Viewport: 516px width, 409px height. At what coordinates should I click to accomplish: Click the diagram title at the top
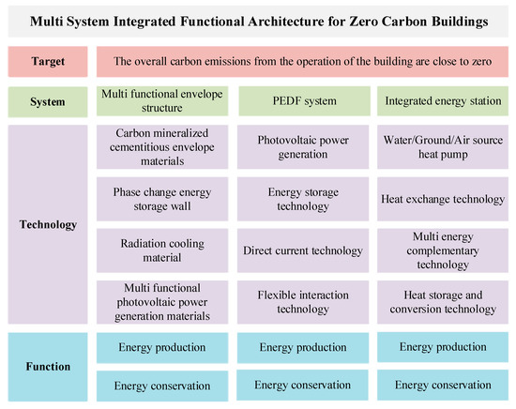coord(258,20)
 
